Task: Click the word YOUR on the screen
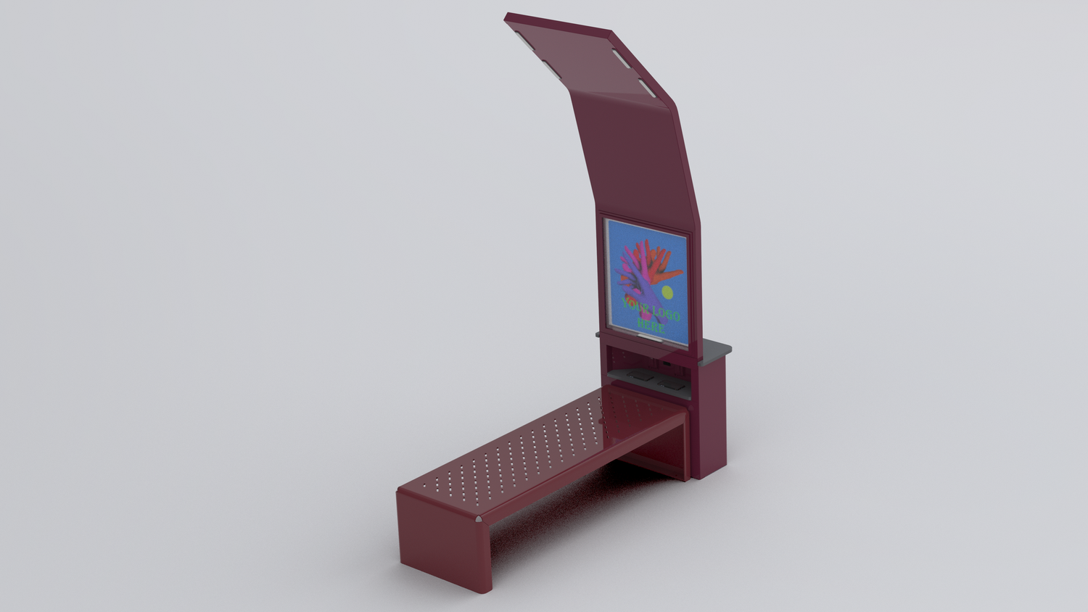tap(635, 305)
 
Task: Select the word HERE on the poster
tap(651, 326)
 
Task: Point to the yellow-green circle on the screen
tap(667, 292)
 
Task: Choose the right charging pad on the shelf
tap(669, 384)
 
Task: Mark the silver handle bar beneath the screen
tap(647, 338)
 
